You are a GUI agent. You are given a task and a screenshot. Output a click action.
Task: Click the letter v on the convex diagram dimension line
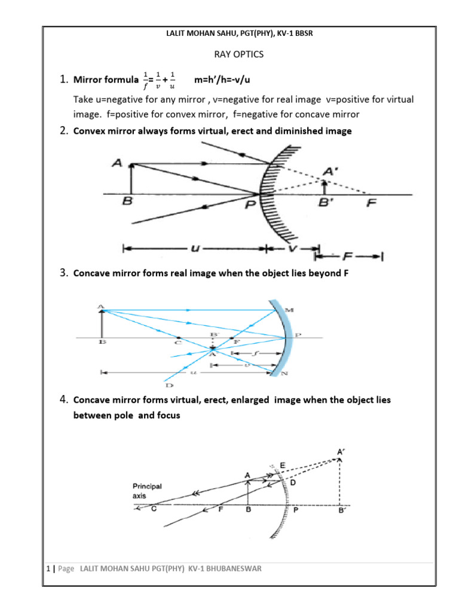(292, 246)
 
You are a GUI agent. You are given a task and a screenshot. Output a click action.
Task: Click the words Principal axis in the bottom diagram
(147, 491)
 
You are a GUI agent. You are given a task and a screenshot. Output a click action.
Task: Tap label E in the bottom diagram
(283, 464)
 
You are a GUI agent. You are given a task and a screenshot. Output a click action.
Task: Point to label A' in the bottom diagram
(340, 453)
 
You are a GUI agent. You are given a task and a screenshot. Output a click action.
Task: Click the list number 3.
(63, 273)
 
